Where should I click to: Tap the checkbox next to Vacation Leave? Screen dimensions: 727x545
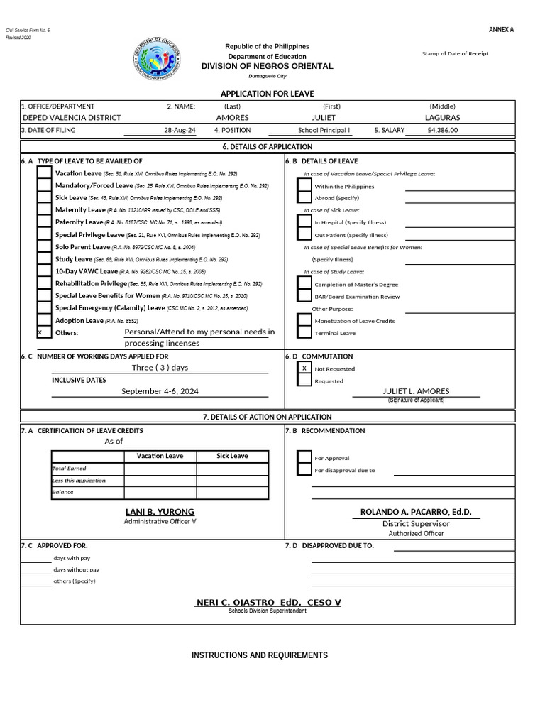click(x=44, y=173)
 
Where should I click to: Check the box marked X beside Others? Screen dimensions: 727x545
click(x=44, y=332)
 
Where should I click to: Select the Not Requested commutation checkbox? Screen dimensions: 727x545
click(x=304, y=368)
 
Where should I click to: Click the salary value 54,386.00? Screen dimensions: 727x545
click(x=443, y=130)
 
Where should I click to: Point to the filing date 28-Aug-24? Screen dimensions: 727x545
click(x=180, y=130)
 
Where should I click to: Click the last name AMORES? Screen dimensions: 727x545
click(x=232, y=117)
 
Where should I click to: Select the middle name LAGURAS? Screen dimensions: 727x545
click(x=442, y=117)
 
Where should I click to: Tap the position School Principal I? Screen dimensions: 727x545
click(x=324, y=130)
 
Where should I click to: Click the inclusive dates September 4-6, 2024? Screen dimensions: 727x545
click(x=160, y=391)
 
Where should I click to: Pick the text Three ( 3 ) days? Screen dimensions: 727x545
click(x=160, y=367)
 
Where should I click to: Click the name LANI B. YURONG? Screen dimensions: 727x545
click(x=160, y=512)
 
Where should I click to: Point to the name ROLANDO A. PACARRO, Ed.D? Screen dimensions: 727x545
click(x=416, y=512)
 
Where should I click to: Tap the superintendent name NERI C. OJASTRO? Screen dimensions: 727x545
click(x=268, y=602)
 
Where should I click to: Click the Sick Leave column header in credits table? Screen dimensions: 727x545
click(x=232, y=456)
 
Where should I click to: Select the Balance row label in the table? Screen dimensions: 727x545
click(x=62, y=492)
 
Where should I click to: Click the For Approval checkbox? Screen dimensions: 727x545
click(x=304, y=457)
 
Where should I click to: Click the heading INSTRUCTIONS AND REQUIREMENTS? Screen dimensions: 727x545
click(x=260, y=655)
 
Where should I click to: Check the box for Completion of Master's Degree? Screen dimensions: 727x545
click(x=304, y=284)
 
